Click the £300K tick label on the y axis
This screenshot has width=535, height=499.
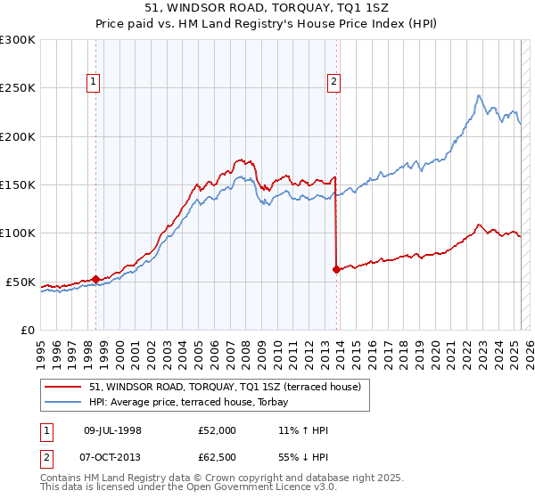18,40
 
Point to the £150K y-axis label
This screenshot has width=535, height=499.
18,185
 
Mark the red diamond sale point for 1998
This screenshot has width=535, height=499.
95,279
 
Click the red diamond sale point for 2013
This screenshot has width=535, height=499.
336,269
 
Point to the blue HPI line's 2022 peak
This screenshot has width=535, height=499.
479,95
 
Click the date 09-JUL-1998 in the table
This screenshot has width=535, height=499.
112,430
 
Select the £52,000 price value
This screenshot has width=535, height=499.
218,430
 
